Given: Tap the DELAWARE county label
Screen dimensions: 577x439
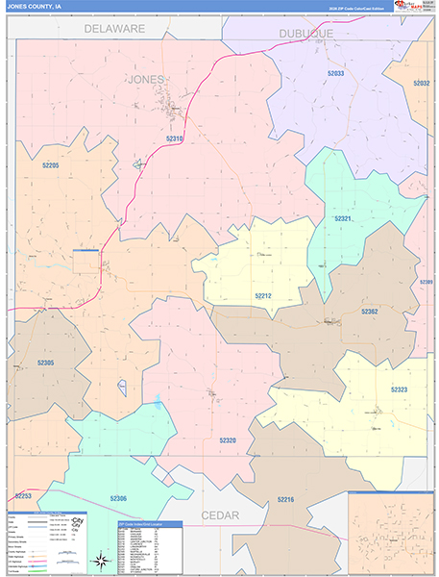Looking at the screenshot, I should pyautogui.click(x=114, y=29).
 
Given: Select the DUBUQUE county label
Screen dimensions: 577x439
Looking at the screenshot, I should pyautogui.click(x=306, y=34).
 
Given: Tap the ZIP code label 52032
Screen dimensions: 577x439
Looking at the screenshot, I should pyautogui.click(x=422, y=84).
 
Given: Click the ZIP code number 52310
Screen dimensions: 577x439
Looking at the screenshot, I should pyautogui.click(x=175, y=138).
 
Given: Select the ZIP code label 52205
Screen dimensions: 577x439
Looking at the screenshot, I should pyautogui.click(x=51, y=165).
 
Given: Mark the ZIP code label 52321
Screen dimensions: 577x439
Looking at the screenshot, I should pyautogui.click(x=344, y=218).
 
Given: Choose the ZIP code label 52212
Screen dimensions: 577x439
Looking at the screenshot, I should pyautogui.click(x=264, y=297).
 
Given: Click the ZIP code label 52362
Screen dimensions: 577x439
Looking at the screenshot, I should pyautogui.click(x=370, y=312).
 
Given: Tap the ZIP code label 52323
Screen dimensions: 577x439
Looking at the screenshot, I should pyautogui.click(x=399, y=389).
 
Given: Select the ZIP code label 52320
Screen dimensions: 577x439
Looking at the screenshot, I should pyautogui.click(x=227, y=439).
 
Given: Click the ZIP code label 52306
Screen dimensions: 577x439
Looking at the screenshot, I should pyautogui.click(x=118, y=498).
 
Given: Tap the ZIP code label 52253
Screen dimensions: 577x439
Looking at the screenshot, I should pyautogui.click(x=23, y=495).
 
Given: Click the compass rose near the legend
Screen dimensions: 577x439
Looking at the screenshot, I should pyautogui.click(x=99, y=560).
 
